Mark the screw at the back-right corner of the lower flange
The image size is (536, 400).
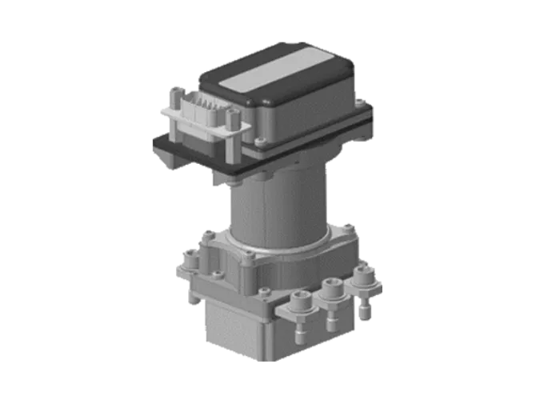349,226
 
